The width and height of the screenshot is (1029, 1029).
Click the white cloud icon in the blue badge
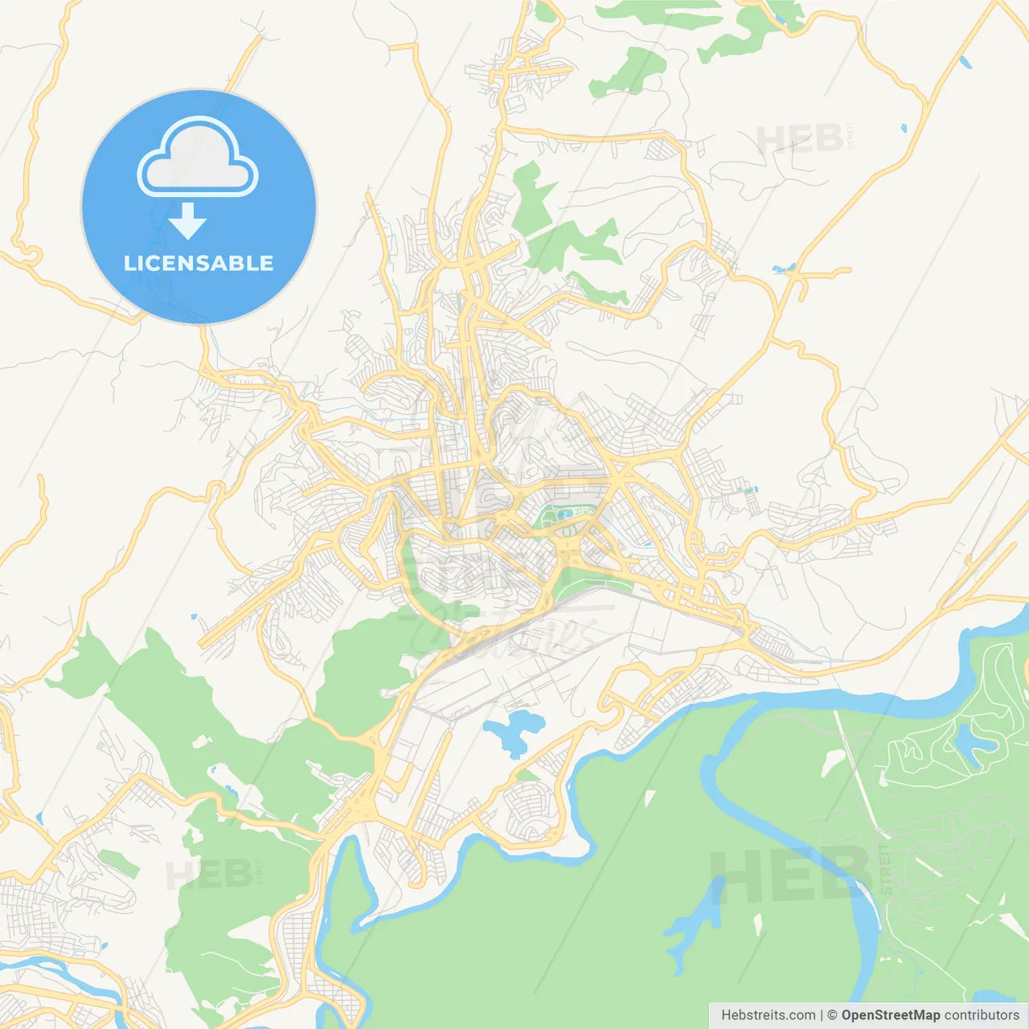(198, 158)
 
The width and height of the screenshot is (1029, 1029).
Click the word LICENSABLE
(199, 263)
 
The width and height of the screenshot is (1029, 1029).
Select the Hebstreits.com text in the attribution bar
(768, 1015)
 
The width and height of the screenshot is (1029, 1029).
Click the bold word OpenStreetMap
(891, 1015)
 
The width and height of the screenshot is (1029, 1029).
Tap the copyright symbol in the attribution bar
(833, 1015)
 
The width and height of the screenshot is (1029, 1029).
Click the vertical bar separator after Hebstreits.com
(822, 1015)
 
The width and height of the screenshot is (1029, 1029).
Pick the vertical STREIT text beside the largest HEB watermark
(886, 868)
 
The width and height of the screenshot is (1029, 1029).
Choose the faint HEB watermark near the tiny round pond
(800, 138)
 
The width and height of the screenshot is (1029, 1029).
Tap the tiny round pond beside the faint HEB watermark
(904, 127)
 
